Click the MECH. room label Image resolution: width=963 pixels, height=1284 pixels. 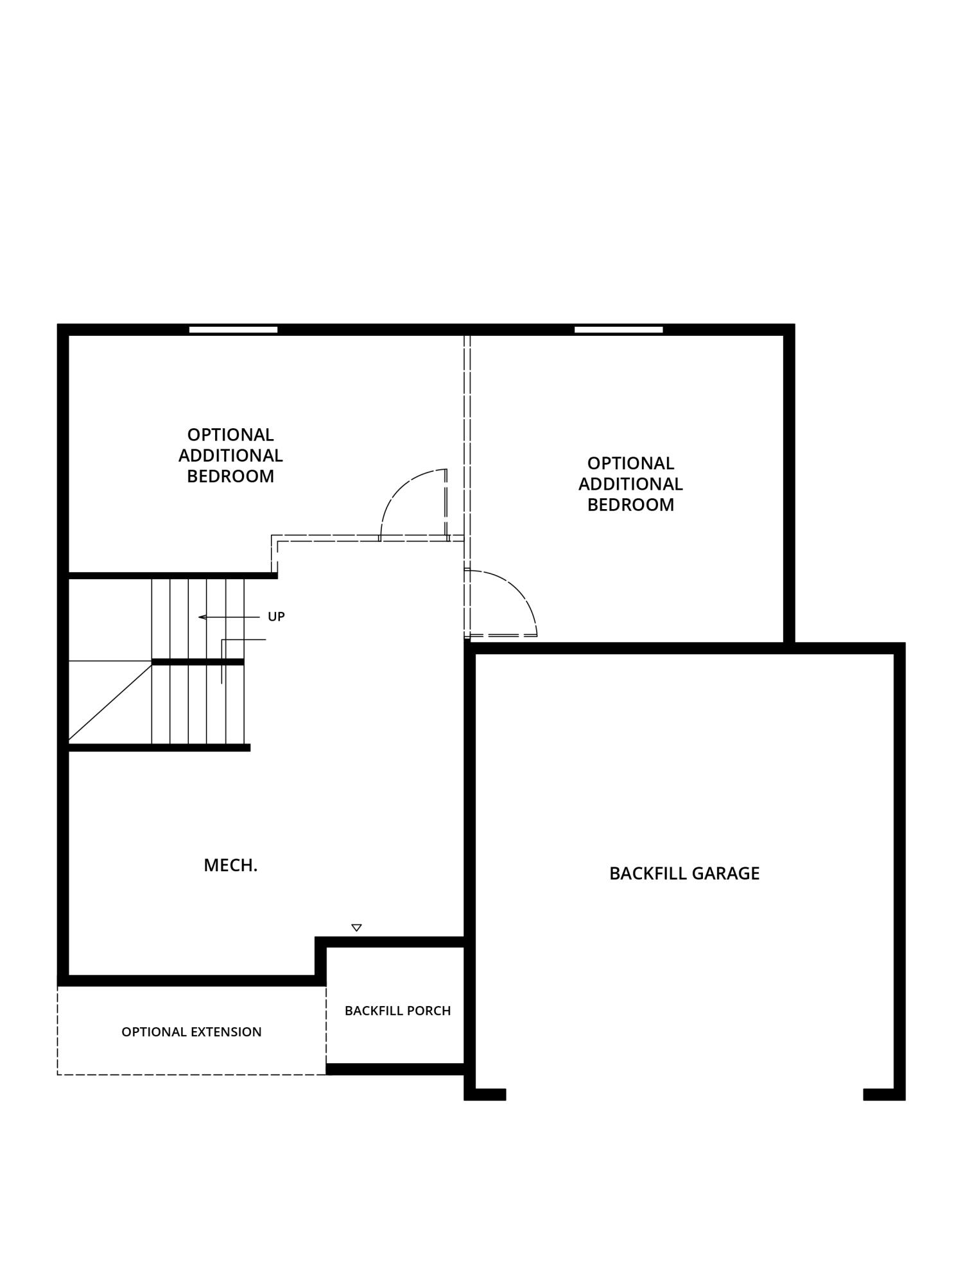(230, 865)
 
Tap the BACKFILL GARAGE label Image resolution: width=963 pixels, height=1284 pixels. (684, 873)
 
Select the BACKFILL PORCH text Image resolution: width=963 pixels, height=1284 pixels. (397, 1011)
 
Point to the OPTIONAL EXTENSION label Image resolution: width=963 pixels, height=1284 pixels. (191, 1032)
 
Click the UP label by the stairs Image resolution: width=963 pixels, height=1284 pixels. (276, 616)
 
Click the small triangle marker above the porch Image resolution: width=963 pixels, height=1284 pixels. (357, 928)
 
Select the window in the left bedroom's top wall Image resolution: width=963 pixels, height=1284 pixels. (233, 329)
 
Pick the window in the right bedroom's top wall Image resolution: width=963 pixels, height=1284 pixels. (618, 329)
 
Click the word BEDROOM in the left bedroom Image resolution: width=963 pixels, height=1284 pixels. (230, 476)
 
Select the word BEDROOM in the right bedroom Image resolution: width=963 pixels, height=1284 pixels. (630, 505)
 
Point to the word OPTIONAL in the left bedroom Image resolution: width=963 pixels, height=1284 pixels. (230, 435)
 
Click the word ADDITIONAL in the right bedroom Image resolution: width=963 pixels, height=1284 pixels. (630, 484)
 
